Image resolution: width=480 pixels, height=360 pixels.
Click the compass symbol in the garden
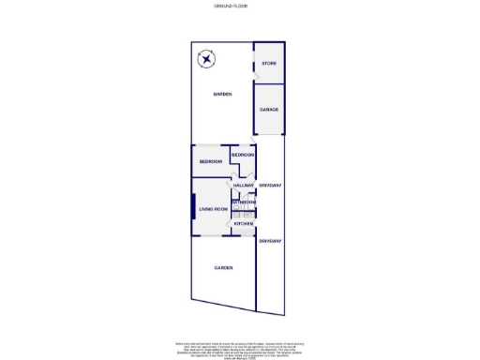pyautogui.click(x=206, y=62)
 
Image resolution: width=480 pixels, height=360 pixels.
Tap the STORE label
pyautogui.click(x=269, y=64)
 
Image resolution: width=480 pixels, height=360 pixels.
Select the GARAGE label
pyautogui.click(x=269, y=110)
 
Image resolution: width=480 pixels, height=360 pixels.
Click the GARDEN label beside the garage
pyautogui.click(x=222, y=95)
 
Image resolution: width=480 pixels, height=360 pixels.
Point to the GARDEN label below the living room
pyautogui.click(x=222, y=268)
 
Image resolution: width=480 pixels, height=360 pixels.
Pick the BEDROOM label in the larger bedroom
pyautogui.click(x=210, y=162)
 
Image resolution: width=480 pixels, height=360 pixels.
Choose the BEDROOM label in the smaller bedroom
pyautogui.click(x=243, y=154)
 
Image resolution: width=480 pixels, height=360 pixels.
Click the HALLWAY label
pyautogui.click(x=244, y=186)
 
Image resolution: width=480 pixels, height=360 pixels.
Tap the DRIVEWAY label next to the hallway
pyautogui.click(x=271, y=186)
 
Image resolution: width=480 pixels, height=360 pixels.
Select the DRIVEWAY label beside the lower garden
pyautogui.click(x=271, y=242)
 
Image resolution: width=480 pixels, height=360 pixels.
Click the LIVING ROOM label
pyautogui.click(x=214, y=209)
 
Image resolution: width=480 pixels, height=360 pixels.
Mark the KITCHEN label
pyautogui.click(x=244, y=224)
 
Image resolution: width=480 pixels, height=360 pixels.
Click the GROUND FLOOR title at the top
pyautogui.click(x=240, y=7)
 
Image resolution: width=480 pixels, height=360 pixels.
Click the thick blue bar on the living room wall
pyautogui.click(x=194, y=208)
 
